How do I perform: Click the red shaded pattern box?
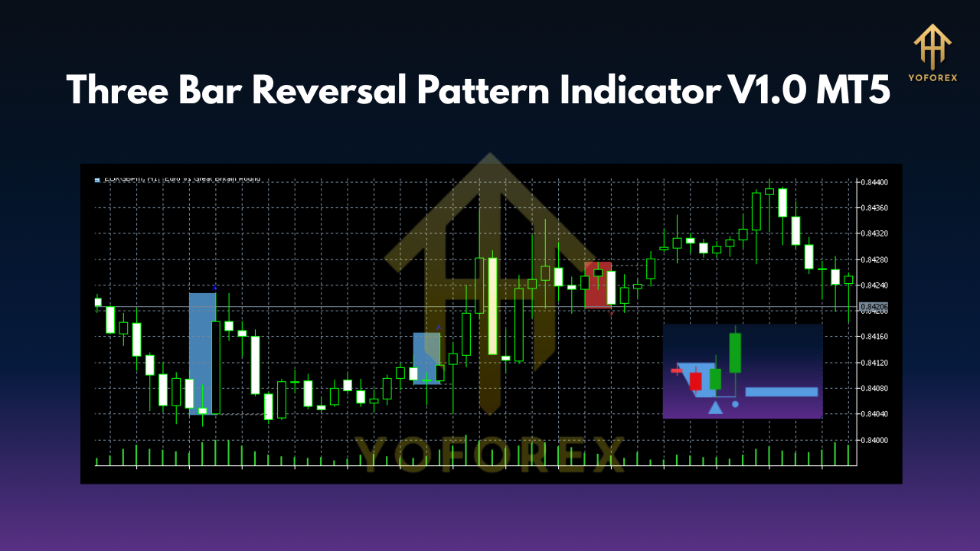599,285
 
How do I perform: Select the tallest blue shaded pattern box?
201,352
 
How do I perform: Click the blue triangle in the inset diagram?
715,407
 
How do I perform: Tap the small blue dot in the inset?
735,403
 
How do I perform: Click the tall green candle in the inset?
735,353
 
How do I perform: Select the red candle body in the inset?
695,381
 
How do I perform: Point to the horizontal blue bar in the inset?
781,392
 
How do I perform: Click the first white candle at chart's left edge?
98,302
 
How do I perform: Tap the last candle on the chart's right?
848,280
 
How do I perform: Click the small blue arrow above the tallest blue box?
215,288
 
